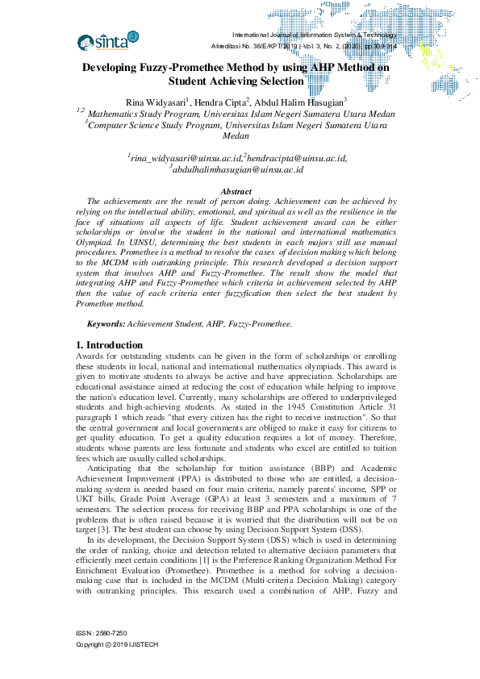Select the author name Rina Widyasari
pos(157,102)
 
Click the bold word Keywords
pos(106,323)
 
